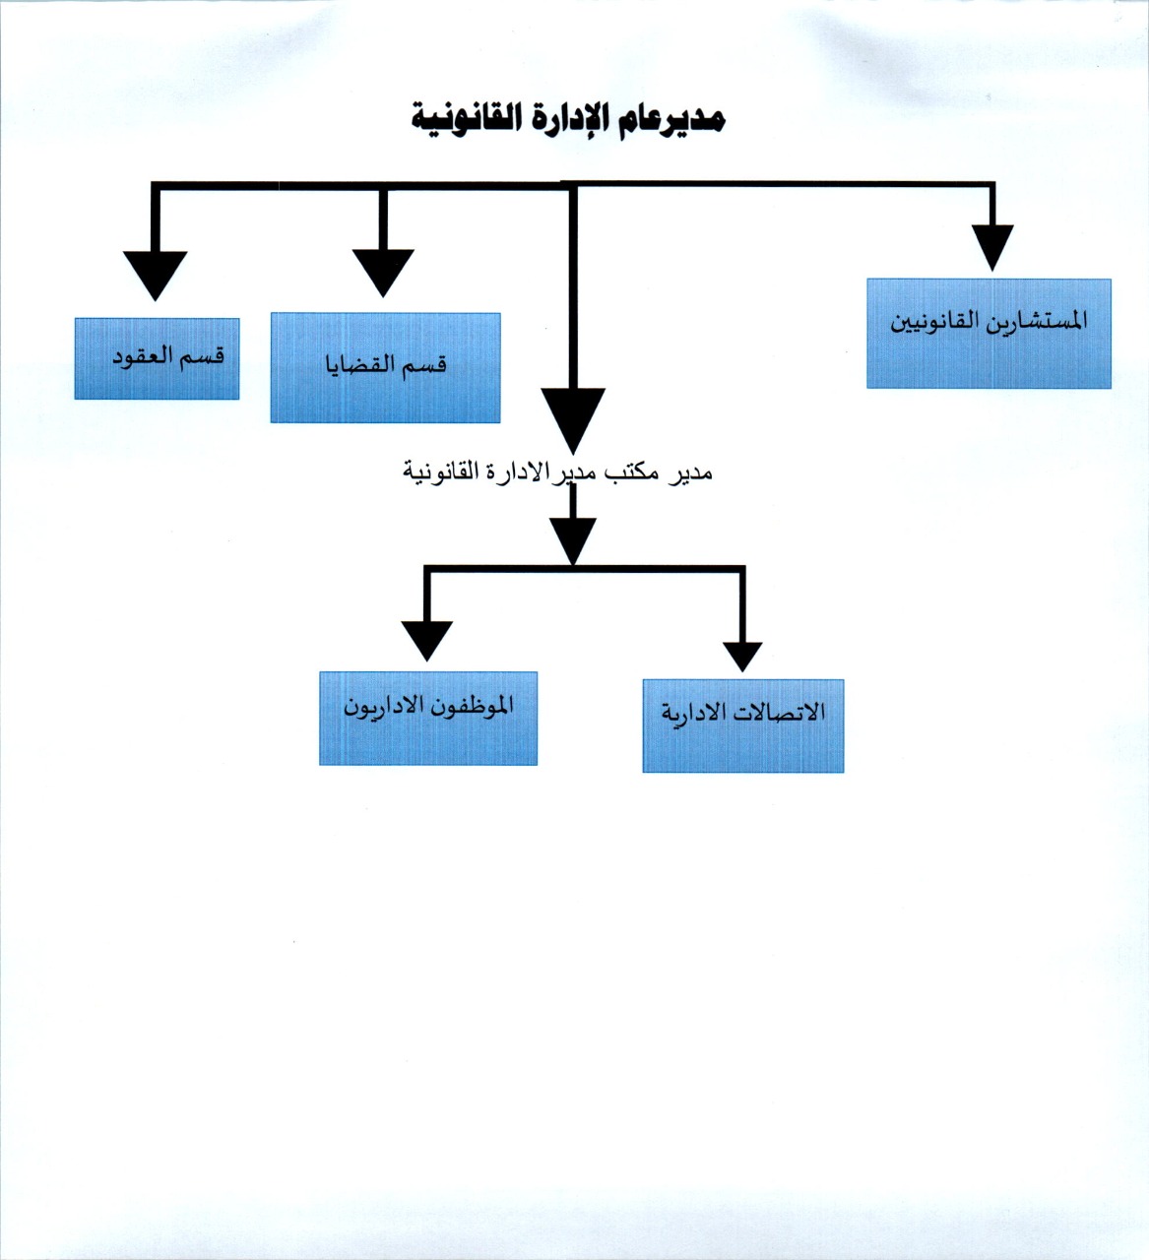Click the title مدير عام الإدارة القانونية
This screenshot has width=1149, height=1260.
568,118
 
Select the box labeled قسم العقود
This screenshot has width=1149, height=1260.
158,358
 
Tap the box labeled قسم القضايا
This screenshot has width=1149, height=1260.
385,367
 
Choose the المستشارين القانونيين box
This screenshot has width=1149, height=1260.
989,334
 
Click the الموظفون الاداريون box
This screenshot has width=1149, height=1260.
428,718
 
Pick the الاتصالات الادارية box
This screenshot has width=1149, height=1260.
743,725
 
